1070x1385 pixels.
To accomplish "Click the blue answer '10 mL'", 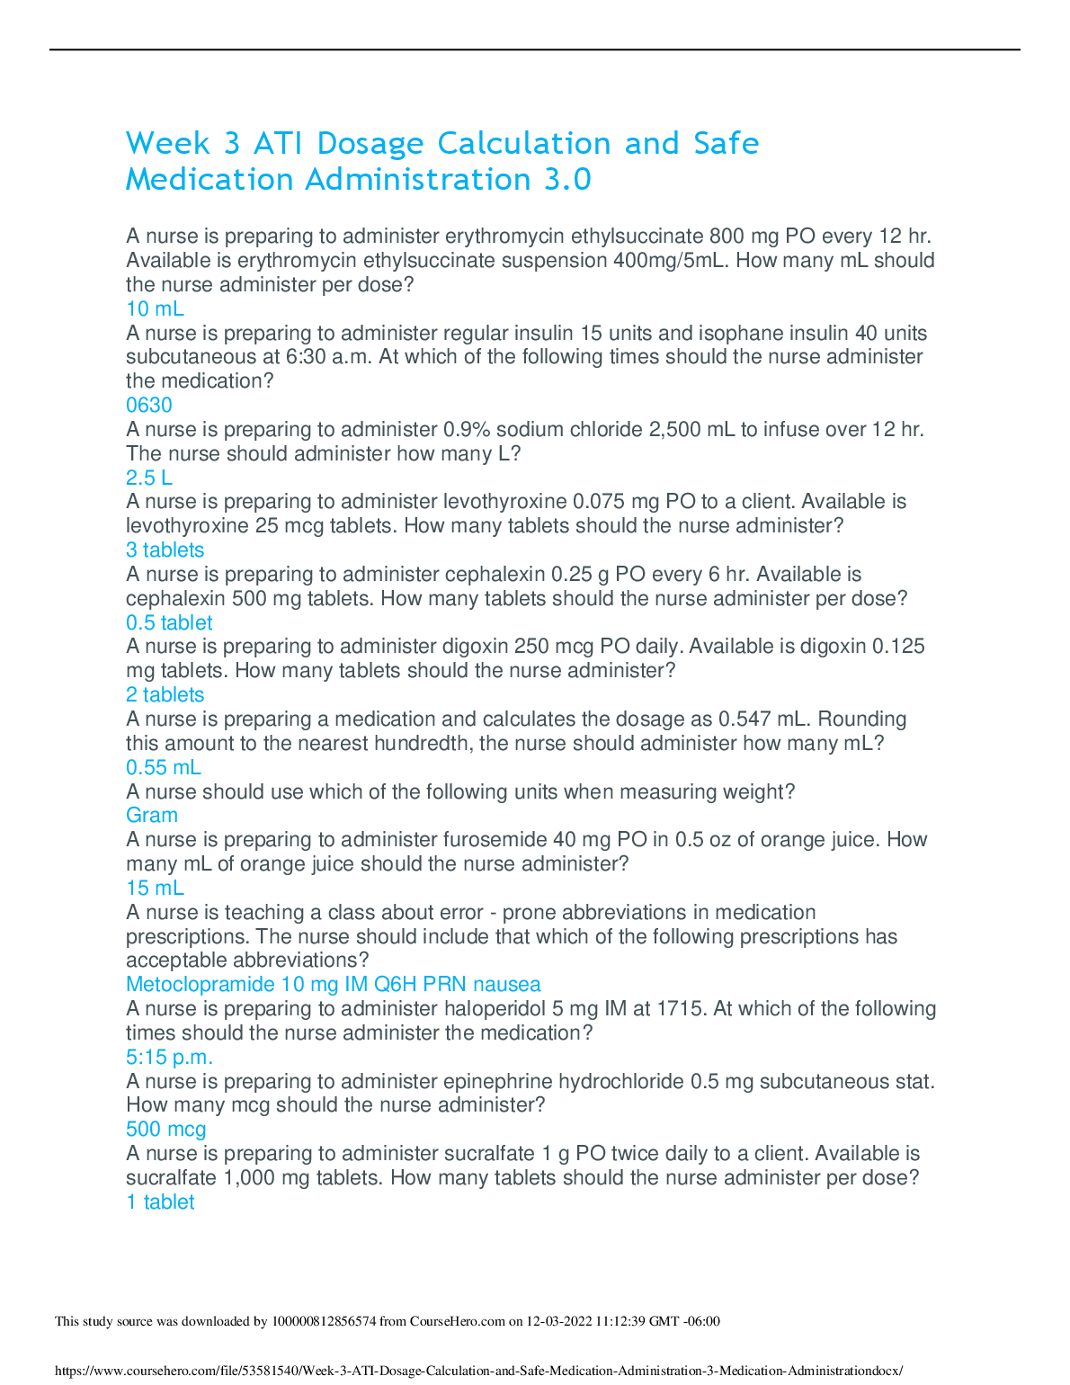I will click(155, 309).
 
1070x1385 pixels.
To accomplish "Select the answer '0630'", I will click(149, 406).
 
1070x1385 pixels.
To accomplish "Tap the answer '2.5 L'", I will click(149, 478).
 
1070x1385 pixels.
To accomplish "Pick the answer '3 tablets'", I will click(165, 550).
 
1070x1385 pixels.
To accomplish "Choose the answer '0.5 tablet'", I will click(169, 623).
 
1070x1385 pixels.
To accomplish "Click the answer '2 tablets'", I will click(165, 695).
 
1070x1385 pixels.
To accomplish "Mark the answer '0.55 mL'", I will click(164, 768).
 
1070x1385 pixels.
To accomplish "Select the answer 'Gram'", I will click(152, 816).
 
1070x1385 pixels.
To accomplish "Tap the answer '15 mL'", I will click(155, 889).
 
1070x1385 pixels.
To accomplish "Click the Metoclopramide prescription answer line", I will click(333, 985).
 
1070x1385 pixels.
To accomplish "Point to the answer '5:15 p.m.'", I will click(169, 1058).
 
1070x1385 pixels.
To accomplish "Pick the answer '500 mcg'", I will click(165, 1130).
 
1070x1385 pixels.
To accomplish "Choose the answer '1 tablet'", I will click(160, 1202).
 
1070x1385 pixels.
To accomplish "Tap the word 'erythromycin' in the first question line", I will click(504, 237).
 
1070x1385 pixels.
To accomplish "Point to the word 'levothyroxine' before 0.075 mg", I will click(504, 502).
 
